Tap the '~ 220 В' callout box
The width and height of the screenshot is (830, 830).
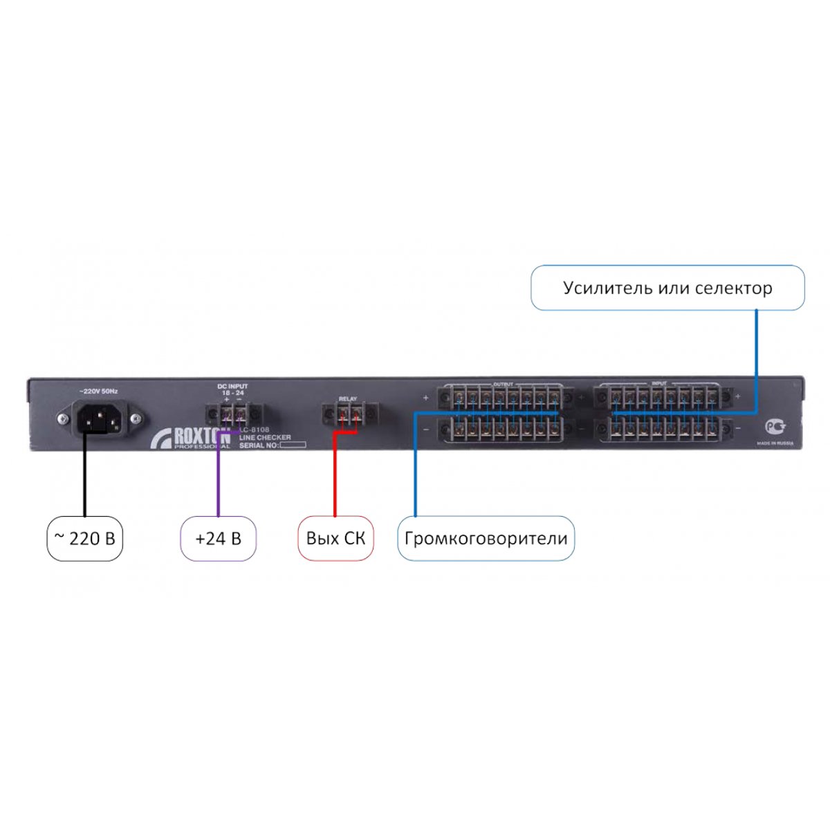84,538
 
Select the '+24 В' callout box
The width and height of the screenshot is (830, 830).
219,538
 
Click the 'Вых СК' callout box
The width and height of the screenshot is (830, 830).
335,538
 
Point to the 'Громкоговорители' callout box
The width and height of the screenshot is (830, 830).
486,538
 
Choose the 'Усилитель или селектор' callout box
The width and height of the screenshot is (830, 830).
667,288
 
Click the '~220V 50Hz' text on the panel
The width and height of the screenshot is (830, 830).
98,391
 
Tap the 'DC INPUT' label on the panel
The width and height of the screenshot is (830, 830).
232,386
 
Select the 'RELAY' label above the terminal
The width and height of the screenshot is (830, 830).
347,399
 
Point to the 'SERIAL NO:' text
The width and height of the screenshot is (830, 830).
258,446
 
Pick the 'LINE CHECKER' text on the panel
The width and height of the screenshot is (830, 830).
265,438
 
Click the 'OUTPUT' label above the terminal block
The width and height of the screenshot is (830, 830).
503,384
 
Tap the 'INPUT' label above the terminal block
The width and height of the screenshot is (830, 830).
659,383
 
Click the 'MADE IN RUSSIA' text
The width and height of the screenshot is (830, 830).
775,443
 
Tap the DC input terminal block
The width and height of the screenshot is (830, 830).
233,415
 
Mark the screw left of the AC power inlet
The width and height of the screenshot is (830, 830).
63,418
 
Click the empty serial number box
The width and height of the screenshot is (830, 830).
293,446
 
